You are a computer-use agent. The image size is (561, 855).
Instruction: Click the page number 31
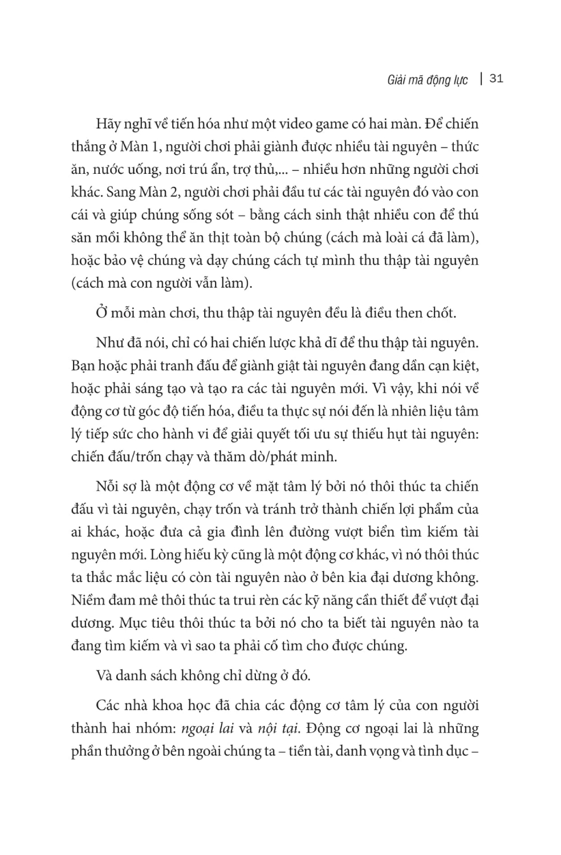(496, 79)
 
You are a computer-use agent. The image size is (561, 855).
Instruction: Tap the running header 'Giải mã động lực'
(419, 80)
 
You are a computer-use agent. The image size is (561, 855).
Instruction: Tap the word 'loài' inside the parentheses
(353, 238)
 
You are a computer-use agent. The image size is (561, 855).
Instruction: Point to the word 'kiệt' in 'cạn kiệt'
(465, 365)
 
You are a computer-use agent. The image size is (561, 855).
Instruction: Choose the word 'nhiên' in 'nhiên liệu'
(404, 411)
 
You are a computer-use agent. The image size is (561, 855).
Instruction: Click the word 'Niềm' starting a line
(87, 600)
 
